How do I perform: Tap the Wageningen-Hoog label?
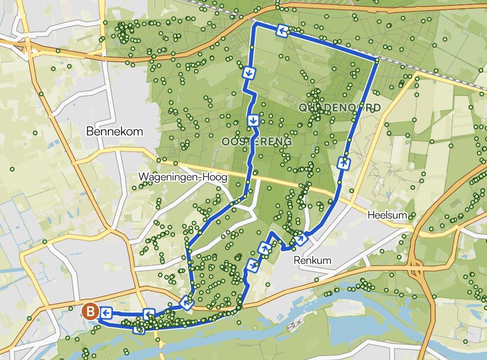[x=183, y=178]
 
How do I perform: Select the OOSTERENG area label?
[x=257, y=142]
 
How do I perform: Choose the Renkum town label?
[x=313, y=260]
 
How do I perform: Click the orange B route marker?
[x=90, y=310]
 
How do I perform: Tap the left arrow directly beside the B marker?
[x=106, y=312]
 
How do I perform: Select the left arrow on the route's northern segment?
[x=282, y=31]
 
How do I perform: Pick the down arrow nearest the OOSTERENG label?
[x=253, y=120]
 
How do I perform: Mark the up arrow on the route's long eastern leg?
[x=344, y=163]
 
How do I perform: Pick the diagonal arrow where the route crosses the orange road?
[x=186, y=303]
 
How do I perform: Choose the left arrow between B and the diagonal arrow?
[x=149, y=314]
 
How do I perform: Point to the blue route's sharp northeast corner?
[x=377, y=60]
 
